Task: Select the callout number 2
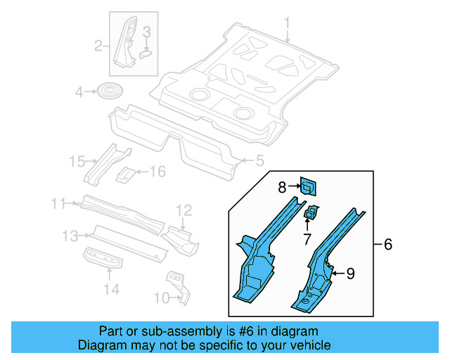click(x=99, y=47)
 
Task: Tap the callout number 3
click(x=146, y=32)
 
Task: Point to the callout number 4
click(x=80, y=91)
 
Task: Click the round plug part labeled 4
click(x=109, y=91)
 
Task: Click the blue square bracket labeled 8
click(x=307, y=186)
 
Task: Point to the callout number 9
click(x=351, y=274)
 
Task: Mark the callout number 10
click(x=160, y=298)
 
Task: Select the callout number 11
click(x=59, y=204)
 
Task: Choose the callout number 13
click(x=70, y=235)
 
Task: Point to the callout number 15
click(x=77, y=162)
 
